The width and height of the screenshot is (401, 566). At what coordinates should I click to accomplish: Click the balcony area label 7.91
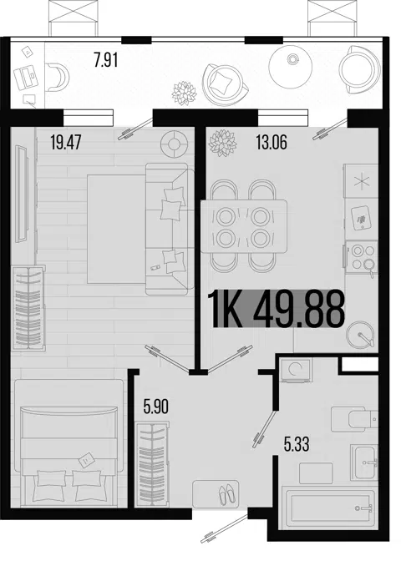pyautogui.click(x=106, y=60)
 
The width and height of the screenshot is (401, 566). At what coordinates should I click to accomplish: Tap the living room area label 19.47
pyautogui.click(x=66, y=142)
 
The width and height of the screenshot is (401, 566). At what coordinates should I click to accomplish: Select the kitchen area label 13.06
pyautogui.click(x=272, y=142)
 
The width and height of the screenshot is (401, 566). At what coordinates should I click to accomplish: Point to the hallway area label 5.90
pyautogui.click(x=155, y=407)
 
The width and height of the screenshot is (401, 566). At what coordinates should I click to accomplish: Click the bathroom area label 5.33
pyautogui.click(x=297, y=444)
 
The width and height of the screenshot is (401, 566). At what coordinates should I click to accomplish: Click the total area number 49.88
pyautogui.click(x=298, y=309)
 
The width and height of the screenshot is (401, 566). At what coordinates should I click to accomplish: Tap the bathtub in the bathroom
pyautogui.click(x=329, y=508)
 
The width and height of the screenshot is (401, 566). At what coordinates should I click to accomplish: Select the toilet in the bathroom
pyautogui.click(x=353, y=419)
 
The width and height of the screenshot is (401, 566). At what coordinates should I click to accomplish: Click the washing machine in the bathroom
pyautogui.click(x=297, y=370)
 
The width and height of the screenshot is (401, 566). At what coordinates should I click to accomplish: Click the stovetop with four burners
pyautogui.click(x=362, y=258)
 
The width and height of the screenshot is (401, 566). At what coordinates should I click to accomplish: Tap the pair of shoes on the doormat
pyautogui.click(x=226, y=494)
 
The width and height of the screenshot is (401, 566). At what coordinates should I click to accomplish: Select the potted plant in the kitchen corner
pyautogui.click(x=223, y=143)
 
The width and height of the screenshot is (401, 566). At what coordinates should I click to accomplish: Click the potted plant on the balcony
pyautogui.click(x=185, y=93)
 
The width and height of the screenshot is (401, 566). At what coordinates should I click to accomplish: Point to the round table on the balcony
pyautogui.click(x=291, y=66)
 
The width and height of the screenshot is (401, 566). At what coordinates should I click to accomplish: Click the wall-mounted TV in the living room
pyautogui.click(x=22, y=194)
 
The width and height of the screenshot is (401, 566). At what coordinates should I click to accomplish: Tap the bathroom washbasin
pyautogui.click(x=364, y=462)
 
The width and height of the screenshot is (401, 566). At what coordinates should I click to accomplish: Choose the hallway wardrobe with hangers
pyautogui.click(x=152, y=464)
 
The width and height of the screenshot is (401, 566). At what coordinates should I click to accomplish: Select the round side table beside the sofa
pyautogui.click(x=175, y=144)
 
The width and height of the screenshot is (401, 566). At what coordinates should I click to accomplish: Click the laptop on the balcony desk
pyautogui.click(x=26, y=77)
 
